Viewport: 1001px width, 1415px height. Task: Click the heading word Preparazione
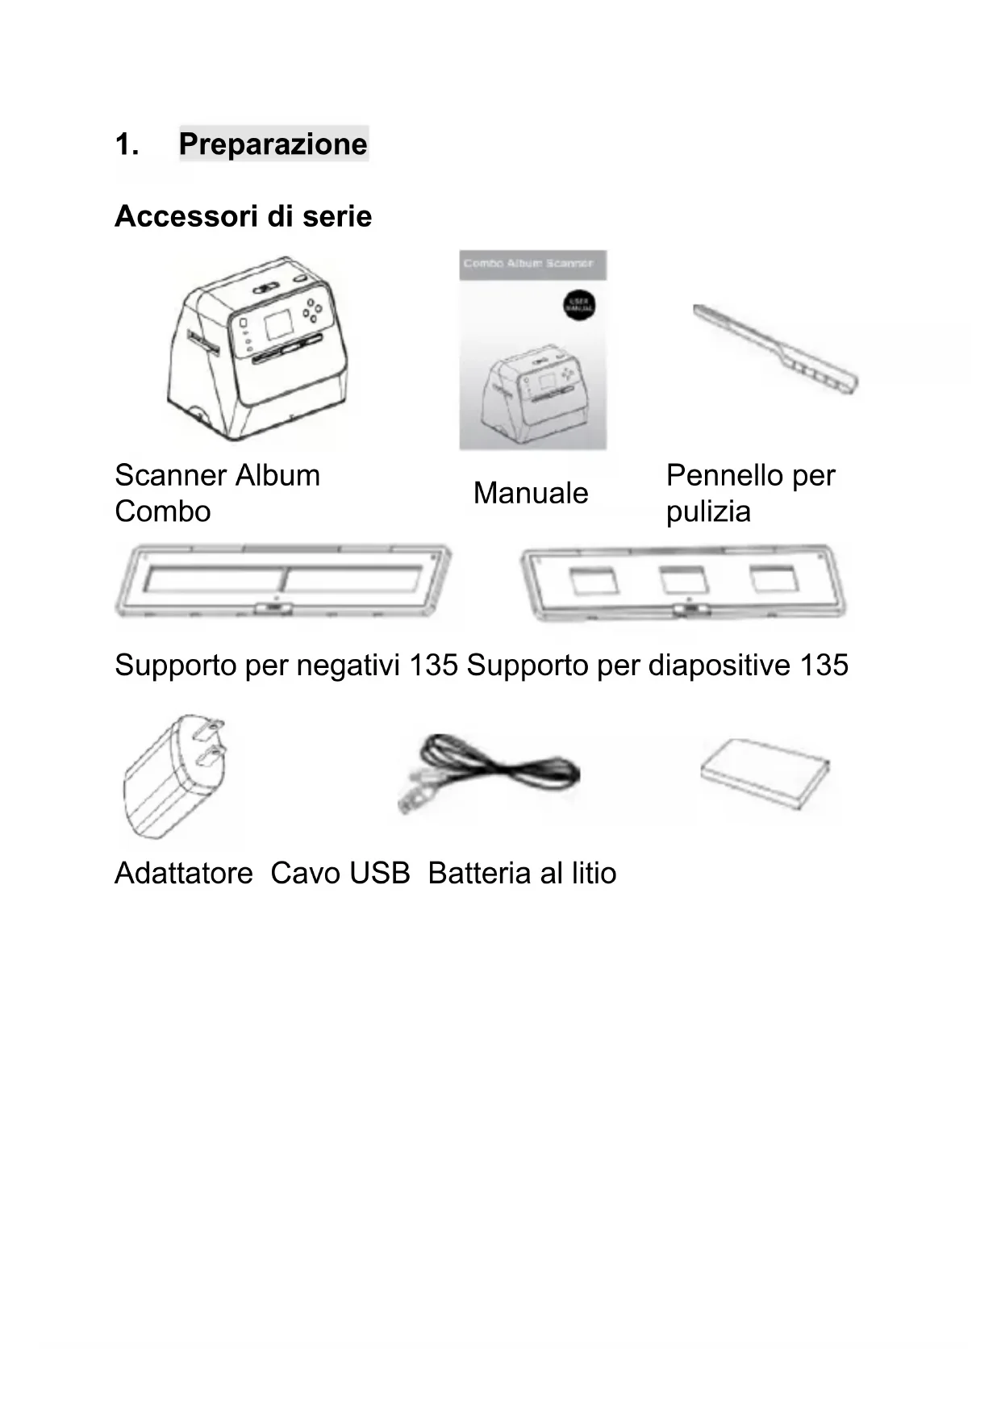(x=273, y=144)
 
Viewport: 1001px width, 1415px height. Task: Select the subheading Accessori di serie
(x=243, y=216)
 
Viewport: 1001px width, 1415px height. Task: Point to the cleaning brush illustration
(x=774, y=349)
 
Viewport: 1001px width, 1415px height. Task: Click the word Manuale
(x=530, y=493)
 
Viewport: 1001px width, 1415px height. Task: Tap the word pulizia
(x=707, y=511)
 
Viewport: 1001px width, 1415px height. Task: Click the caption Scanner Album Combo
(x=216, y=493)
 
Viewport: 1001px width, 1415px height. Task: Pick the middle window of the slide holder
(x=684, y=579)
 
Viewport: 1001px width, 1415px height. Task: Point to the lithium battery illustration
(x=765, y=773)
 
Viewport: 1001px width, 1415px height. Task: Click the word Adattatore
(x=183, y=873)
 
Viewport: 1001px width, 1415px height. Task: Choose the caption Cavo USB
(x=340, y=873)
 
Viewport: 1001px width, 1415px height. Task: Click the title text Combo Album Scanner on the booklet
(x=528, y=264)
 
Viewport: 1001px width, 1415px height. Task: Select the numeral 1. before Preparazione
(x=126, y=144)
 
